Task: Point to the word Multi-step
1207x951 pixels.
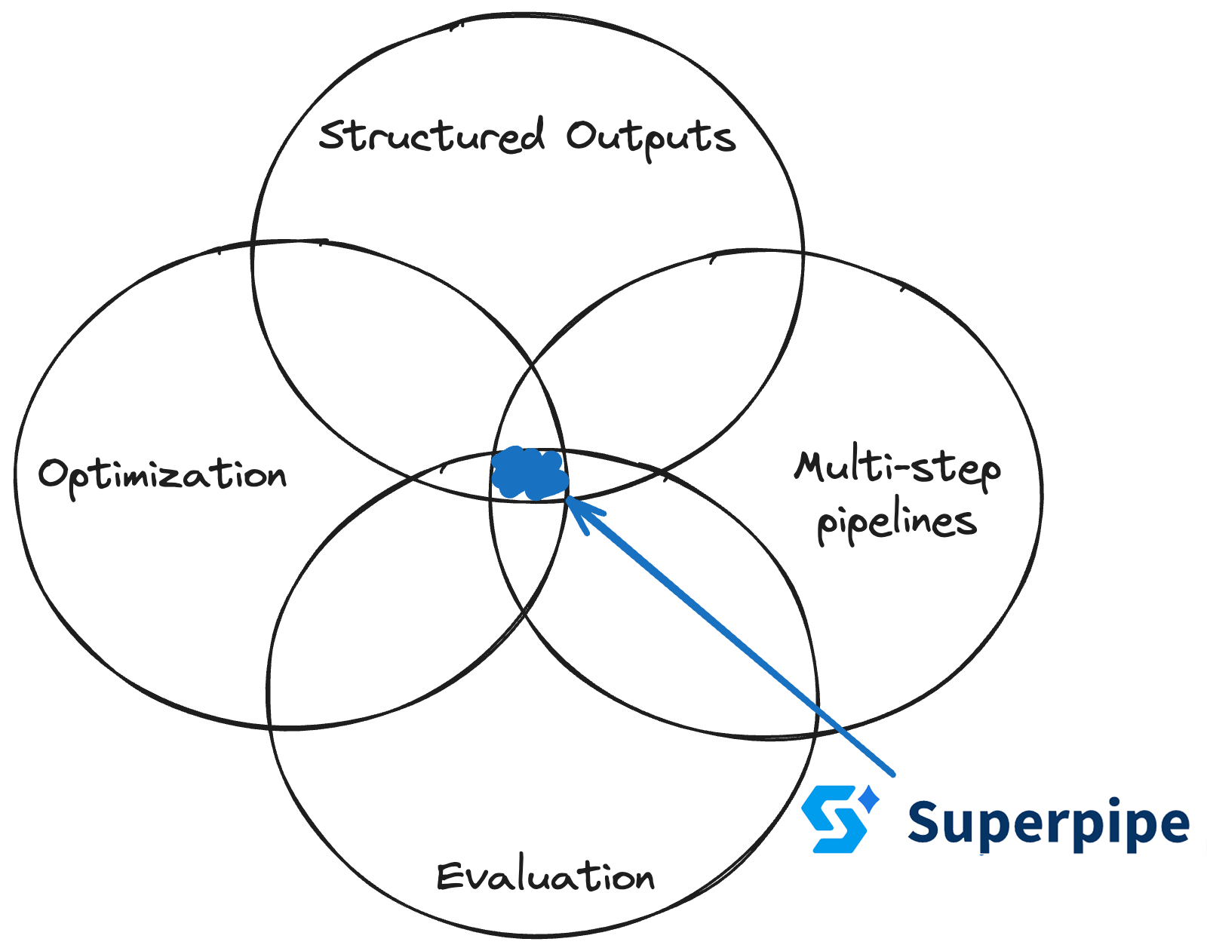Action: pos(897,468)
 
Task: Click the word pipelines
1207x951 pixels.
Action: pos(897,523)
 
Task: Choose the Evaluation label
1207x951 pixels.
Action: pos(545,877)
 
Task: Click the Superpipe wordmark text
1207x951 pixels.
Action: pos(1048,823)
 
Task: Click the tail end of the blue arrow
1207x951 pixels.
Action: pos(892,773)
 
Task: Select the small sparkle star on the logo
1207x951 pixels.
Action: pos(870,798)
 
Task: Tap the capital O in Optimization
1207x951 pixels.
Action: pos(54,474)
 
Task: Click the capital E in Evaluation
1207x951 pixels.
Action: pos(450,876)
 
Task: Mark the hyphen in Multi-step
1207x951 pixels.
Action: pos(897,470)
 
